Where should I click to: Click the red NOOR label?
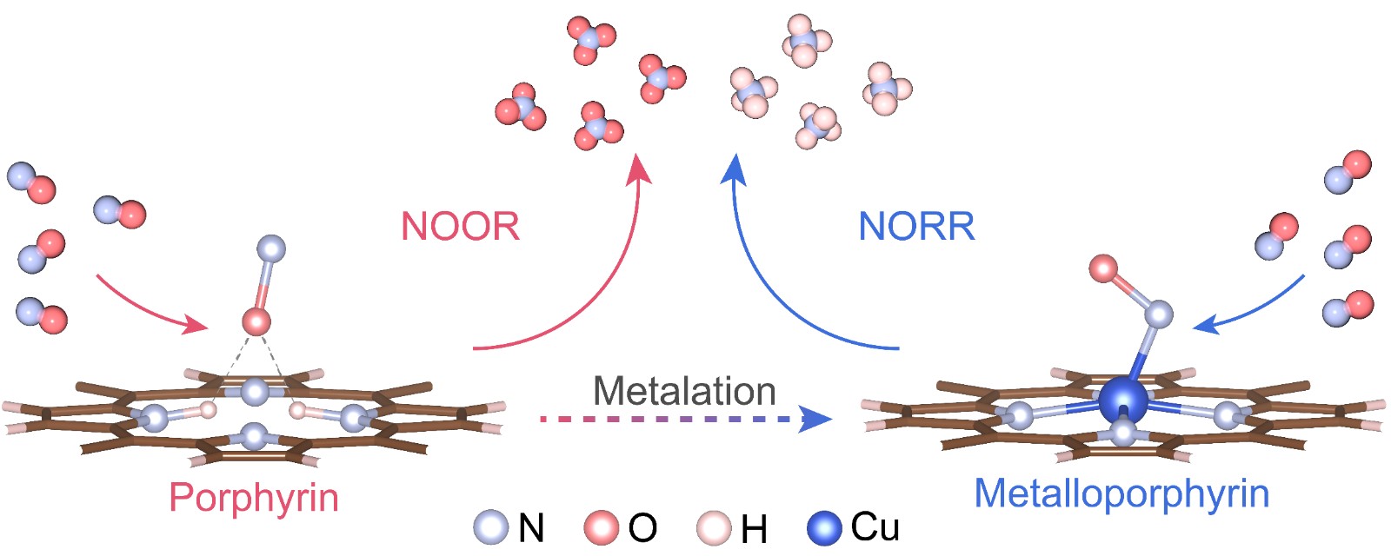pos(460,227)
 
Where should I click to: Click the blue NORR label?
pos(916,227)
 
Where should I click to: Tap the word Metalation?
pos(684,392)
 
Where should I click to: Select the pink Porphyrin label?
pos(254,498)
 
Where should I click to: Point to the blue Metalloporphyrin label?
pos(1121,493)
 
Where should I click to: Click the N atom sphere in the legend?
pos(491,527)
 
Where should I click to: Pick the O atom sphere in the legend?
pos(601,527)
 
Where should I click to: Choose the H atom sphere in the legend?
pos(715,527)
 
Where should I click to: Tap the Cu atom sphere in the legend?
pos(825,527)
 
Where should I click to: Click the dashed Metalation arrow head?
pos(817,420)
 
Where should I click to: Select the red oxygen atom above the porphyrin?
pos(256,322)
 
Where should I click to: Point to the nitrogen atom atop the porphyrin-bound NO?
pos(272,248)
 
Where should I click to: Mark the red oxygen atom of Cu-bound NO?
pos(1103,268)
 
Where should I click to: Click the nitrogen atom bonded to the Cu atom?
pos(1158,314)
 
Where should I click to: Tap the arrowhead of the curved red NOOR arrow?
pos(642,169)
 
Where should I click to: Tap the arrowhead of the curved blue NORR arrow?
pos(735,169)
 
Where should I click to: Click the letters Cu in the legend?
pos(875,527)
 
